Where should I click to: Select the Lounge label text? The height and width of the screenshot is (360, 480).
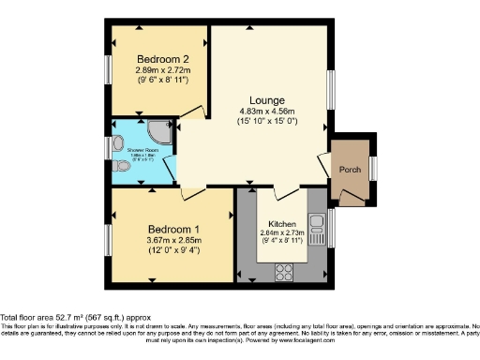pyautogui.click(x=266, y=100)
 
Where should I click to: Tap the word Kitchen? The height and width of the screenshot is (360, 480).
pyautogui.click(x=283, y=225)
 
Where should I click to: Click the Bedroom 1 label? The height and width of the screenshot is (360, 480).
pyautogui.click(x=174, y=229)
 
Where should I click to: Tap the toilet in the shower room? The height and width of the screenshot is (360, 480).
pyautogui.click(x=120, y=166)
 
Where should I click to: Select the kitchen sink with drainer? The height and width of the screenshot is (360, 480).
pyautogui.click(x=320, y=230)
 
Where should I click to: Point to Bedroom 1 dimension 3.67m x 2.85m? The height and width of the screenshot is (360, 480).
pyautogui.click(x=174, y=240)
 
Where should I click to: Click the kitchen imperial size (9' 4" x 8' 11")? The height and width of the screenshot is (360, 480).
pyautogui.click(x=283, y=241)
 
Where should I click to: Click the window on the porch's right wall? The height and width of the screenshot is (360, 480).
pyautogui.click(x=374, y=167)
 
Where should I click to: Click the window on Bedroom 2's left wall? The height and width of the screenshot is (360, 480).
pyautogui.click(x=107, y=70)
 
